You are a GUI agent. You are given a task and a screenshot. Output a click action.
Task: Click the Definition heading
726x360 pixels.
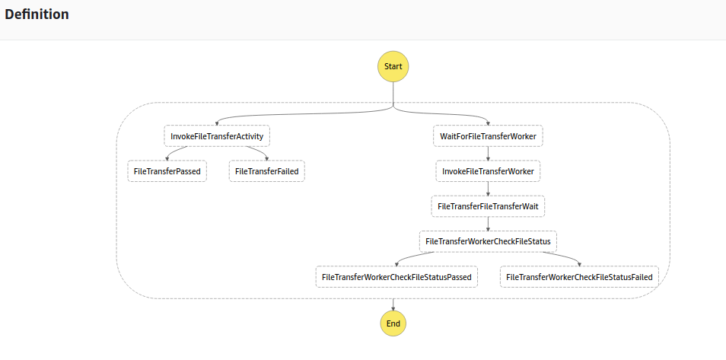(37, 14)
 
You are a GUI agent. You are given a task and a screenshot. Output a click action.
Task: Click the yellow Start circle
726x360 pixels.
(393, 66)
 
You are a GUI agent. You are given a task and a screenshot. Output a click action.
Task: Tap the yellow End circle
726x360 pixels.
(393, 323)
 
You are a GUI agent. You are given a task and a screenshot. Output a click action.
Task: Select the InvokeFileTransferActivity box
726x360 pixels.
(217, 136)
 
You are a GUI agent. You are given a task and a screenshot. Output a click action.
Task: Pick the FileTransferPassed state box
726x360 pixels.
(167, 171)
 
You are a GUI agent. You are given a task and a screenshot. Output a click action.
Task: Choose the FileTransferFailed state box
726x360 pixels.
(266, 171)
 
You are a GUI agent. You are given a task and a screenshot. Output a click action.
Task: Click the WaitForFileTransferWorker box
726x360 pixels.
(488, 136)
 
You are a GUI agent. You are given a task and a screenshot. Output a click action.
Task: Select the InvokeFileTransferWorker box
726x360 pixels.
(488, 171)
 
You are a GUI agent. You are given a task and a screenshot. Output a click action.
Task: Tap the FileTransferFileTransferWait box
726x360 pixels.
(488, 206)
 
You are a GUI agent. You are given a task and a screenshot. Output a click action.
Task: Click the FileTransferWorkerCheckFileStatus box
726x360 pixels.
(488, 241)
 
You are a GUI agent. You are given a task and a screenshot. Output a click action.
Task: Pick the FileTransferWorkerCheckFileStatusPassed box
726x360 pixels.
(396, 277)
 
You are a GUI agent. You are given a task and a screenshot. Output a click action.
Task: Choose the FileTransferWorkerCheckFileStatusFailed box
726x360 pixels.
(579, 277)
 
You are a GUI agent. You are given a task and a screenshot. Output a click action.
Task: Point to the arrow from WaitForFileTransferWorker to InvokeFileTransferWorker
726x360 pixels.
(488, 153)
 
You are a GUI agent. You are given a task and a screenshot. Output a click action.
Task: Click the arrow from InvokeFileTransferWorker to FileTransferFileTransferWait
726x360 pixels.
(488, 189)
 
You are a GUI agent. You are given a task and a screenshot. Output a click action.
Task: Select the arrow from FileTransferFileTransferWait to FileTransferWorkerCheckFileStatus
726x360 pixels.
(488, 224)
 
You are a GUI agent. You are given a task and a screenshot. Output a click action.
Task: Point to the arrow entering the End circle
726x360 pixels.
(393, 304)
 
